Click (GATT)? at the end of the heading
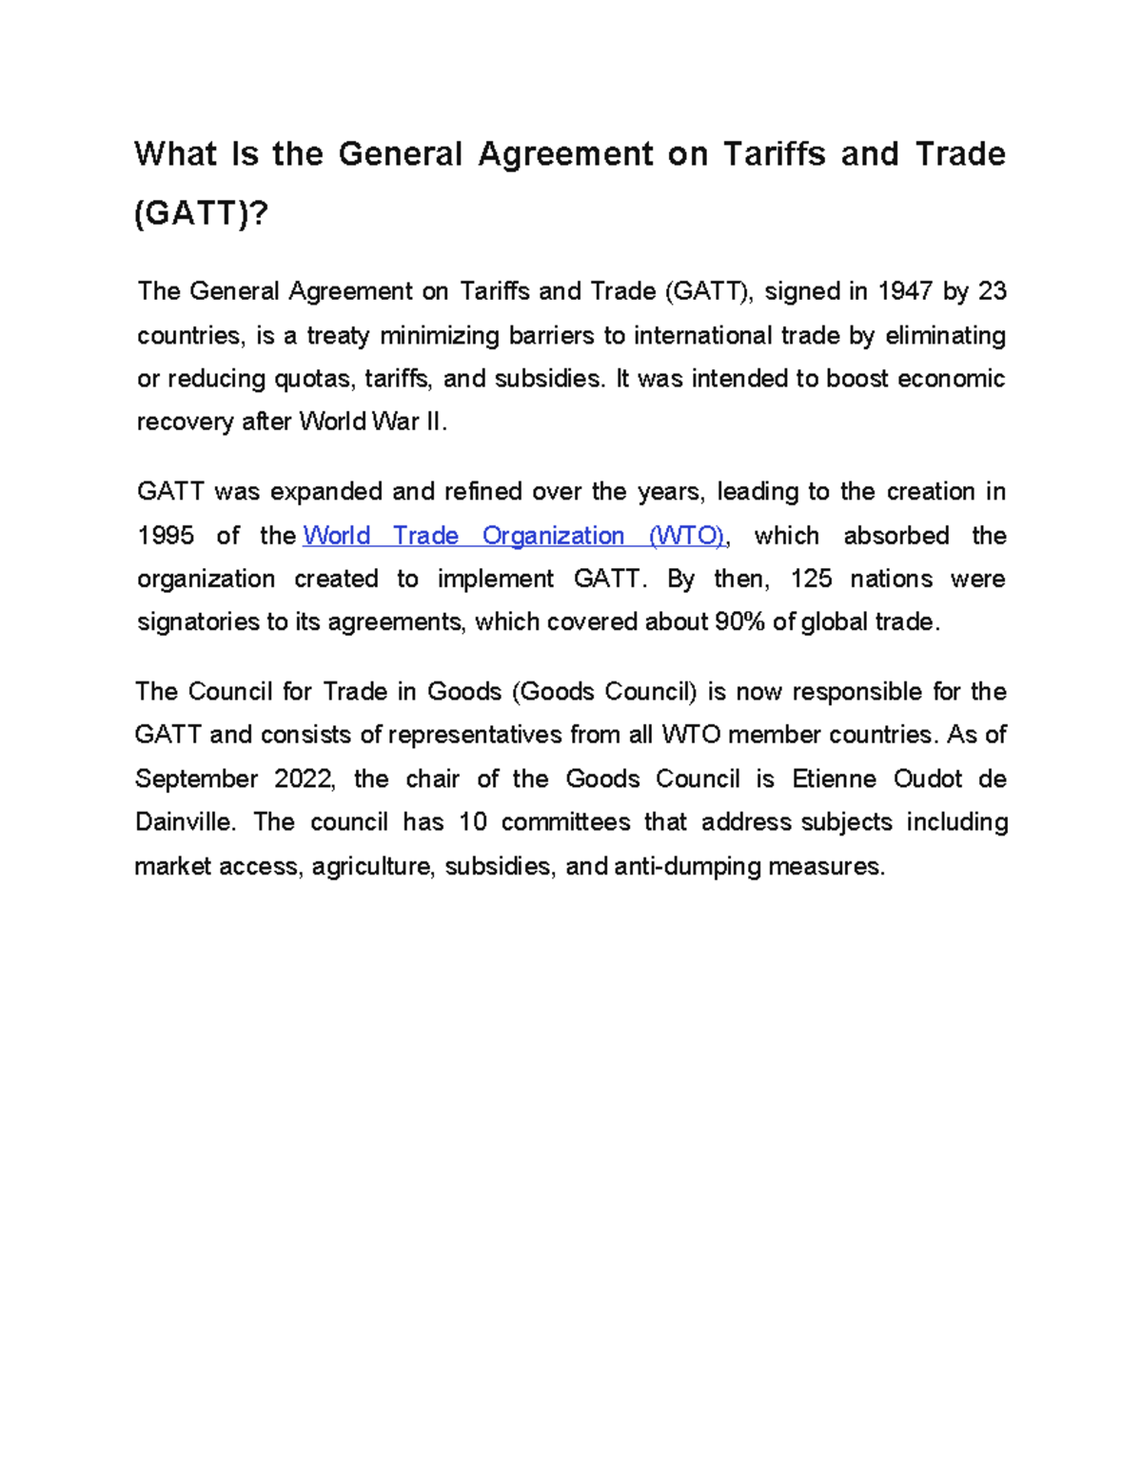(x=201, y=213)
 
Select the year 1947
(x=904, y=291)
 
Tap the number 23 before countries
(x=992, y=291)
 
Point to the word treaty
(x=337, y=335)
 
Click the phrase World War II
(x=371, y=422)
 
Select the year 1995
(x=166, y=536)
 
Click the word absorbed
(x=896, y=536)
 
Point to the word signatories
(x=197, y=622)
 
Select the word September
(x=195, y=778)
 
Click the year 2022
(x=304, y=778)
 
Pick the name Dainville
(x=184, y=822)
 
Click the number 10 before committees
(x=472, y=822)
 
